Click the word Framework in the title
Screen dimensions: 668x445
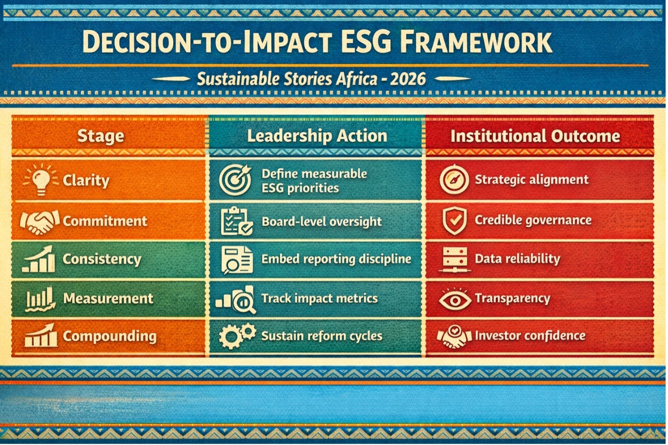coord(475,42)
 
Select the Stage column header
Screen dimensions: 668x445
coord(100,136)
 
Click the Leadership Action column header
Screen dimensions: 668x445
coord(317,136)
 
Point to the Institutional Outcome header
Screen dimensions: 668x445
coord(535,136)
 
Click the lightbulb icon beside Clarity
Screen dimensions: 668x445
coord(41,180)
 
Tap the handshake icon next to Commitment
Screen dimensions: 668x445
coord(40,222)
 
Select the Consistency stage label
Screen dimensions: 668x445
coord(102,259)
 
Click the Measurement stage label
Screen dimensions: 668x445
coord(108,298)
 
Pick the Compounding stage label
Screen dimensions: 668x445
coord(110,336)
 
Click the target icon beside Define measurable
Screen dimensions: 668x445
coord(235,180)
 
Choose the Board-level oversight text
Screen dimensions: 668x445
coord(321,222)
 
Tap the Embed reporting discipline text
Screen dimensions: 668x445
coord(336,259)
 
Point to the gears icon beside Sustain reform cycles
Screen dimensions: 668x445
coord(237,336)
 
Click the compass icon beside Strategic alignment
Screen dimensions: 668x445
coord(454,180)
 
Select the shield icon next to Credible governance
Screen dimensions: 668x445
coord(455,221)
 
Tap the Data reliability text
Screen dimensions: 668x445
coord(517,259)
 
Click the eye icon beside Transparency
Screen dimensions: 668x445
coord(455,300)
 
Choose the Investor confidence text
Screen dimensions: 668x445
coord(530,335)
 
